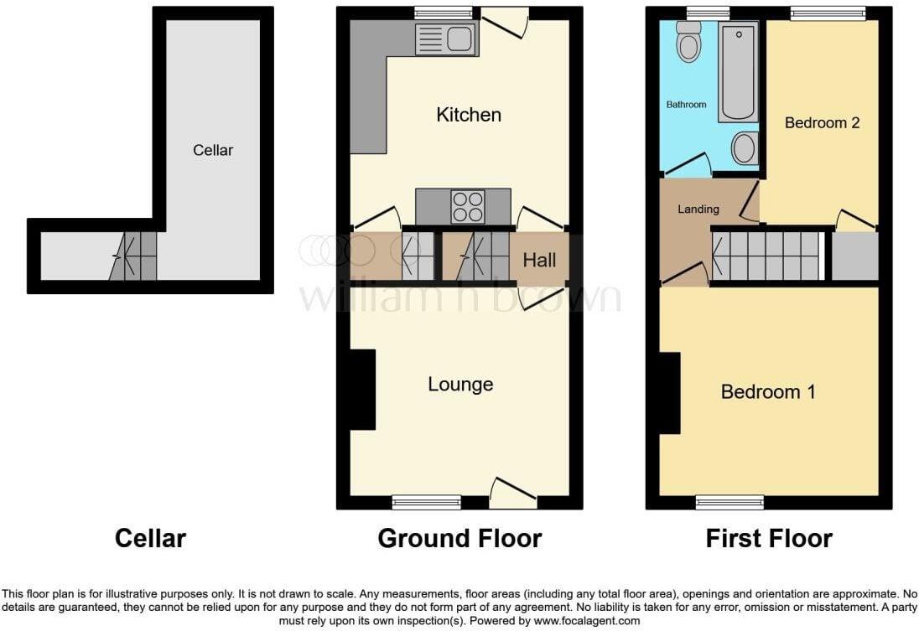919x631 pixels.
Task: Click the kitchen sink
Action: (447, 39)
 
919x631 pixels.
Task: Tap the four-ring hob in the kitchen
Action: (468, 207)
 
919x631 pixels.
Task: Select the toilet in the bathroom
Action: (688, 42)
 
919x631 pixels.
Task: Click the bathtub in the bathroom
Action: (739, 72)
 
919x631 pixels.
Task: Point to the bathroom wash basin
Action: (745, 148)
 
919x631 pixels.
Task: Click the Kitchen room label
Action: (468, 115)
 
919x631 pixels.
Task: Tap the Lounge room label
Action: (460, 385)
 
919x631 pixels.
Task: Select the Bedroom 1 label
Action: (768, 391)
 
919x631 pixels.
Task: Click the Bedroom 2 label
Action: (822, 122)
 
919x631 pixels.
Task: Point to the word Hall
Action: (539, 260)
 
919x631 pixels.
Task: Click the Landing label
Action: (698, 209)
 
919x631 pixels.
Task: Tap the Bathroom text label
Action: (687, 104)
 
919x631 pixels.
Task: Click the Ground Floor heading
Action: (460, 539)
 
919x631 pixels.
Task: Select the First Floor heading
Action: (769, 539)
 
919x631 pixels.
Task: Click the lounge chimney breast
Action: (363, 390)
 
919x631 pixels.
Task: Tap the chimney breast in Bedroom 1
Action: (670, 393)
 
